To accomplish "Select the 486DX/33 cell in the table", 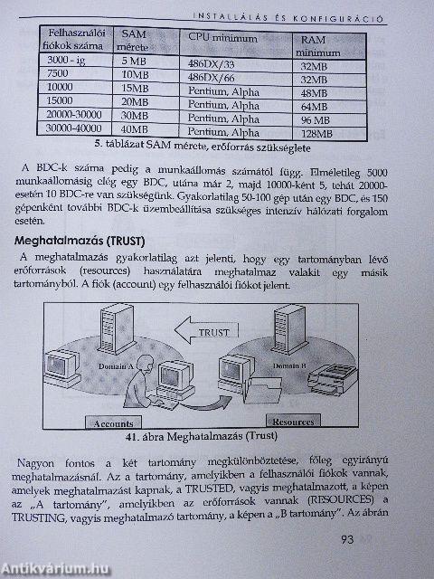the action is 210,64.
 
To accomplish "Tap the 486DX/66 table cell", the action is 210,77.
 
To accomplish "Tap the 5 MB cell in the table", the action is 136,62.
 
